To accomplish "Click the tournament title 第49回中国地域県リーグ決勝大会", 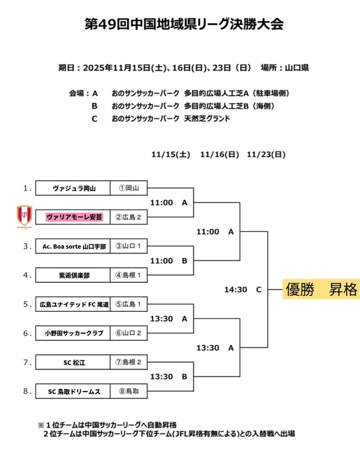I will pyautogui.click(x=184, y=24).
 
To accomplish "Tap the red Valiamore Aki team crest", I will pyautogui.click(x=25, y=216).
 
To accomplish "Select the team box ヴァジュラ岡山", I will pyautogui.click(x=73, y=188).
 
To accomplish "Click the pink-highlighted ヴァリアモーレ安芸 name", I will pyautogui.click(x=74, y=217).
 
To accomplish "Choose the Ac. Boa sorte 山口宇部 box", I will pyautogui.click(x=73, y=246).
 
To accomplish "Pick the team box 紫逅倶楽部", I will pyautogui.click(x=73, y=275).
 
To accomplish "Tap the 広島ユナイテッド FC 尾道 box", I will pyautogui.click(x=73, y=304).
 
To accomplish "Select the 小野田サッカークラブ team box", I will pyautogui.click(x=73, y=333).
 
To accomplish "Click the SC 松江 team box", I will pyautogui.click(x=73, y=362).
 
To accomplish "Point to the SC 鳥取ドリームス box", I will pyautogui.click(x=73, y=391).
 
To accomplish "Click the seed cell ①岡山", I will pyautogui.click(x=128, y=188).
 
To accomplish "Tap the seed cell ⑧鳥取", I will pyautogui.click(x=128, y=391).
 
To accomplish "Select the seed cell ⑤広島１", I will pyautogui.click(x=128, y=304).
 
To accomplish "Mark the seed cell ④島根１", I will pyautogui.click(x=128, y=275).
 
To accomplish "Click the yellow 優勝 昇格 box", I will pyautogui.click(x=321, y=290).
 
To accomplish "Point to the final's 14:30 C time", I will pyautogui.click(x=243, y=290).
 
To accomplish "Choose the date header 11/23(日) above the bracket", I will pyautogui.click(x=266, y=155).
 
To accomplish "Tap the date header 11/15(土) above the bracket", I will pyautogui.click(x=171, y=155).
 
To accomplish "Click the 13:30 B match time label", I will pyautogui.click(x=169, y=377).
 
